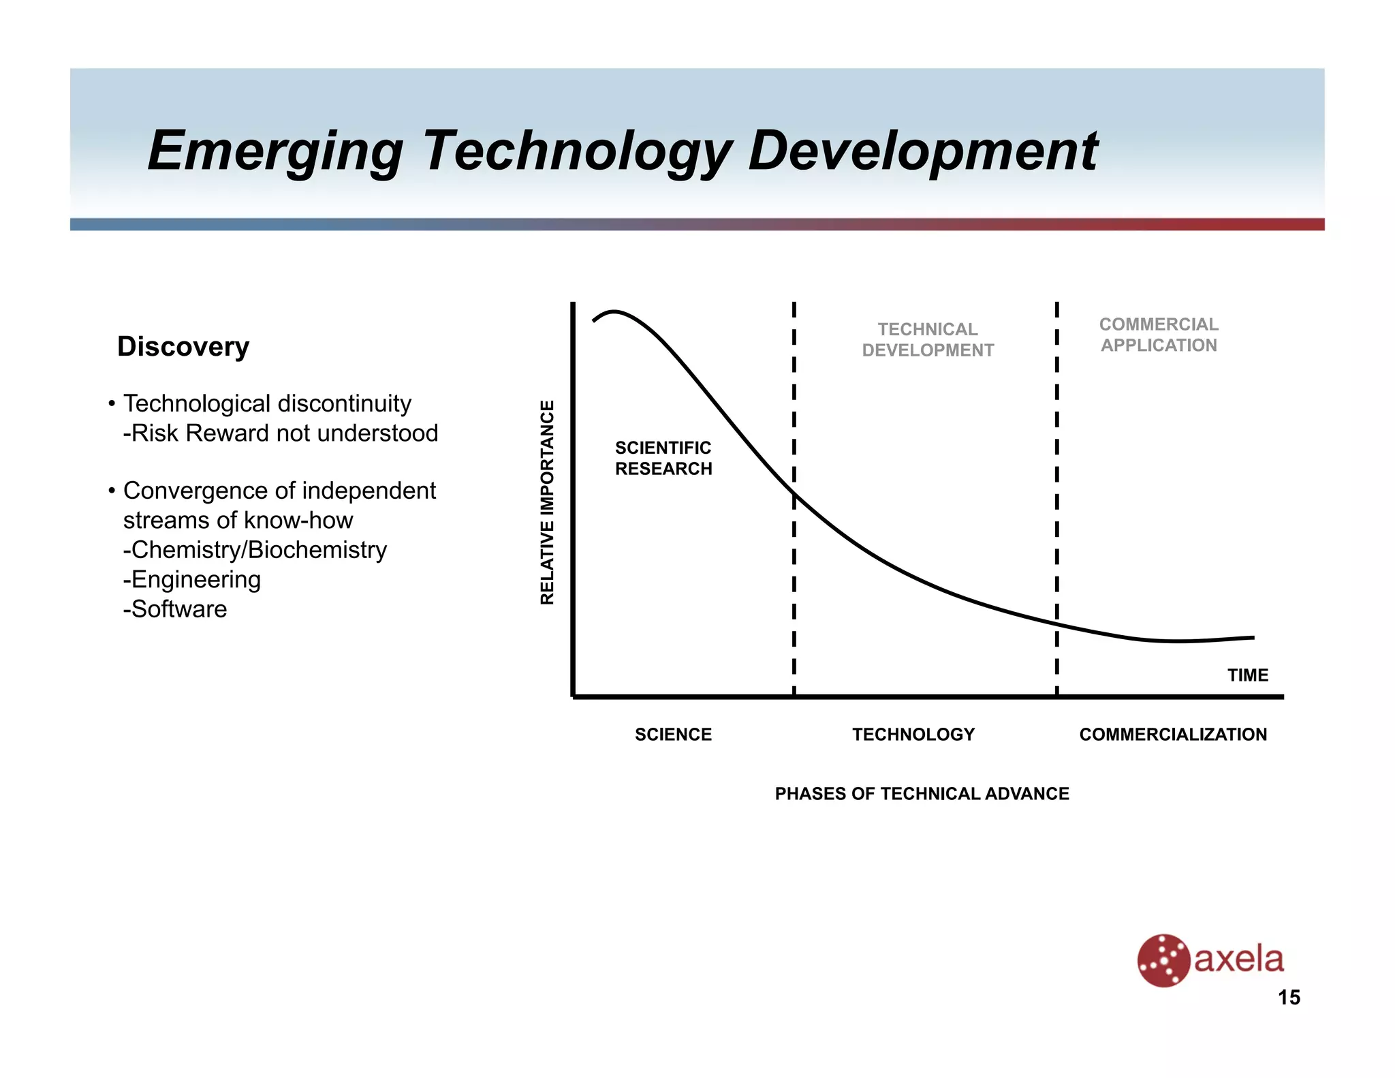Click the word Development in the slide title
(x=923, y=151)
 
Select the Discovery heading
(x=183, y=346)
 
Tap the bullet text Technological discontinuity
(x=267, y=403)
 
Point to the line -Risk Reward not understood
(x=281, y=433)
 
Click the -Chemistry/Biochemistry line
(x=255, y=550)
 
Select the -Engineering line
(x=192, y=579)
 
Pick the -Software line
(x=175, y=609)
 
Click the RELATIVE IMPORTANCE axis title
(x=547, y=502)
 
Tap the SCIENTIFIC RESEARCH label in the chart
(x=663, y=458)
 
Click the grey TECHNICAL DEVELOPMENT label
(x=928, y=339)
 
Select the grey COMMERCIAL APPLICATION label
(x=1159, y=335)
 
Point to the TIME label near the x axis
(x=1247, y=675)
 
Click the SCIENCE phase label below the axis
(x=673, y=735)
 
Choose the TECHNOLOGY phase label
(x=913, y=735)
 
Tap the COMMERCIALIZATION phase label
(x=1173, y=735)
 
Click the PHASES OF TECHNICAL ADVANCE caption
(x=922, y=794)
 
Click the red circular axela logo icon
(x=1163, y=960)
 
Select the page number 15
(x=1289, y=998)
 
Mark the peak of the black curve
(x=614, y=312)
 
